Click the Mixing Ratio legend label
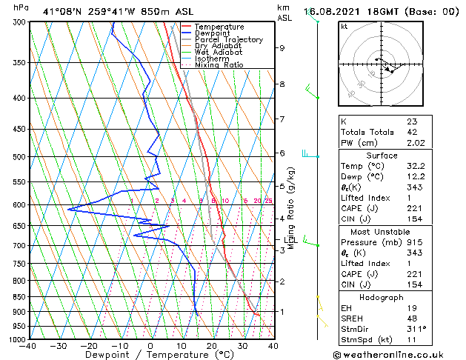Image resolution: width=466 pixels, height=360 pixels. tap(219, 65)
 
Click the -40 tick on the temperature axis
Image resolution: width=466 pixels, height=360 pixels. tap(28, 346)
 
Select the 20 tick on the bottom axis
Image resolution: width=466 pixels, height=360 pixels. tap(211, 346)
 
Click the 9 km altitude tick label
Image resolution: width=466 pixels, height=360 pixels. tap(282, 48)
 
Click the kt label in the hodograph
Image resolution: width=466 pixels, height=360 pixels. tap(344, 26)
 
